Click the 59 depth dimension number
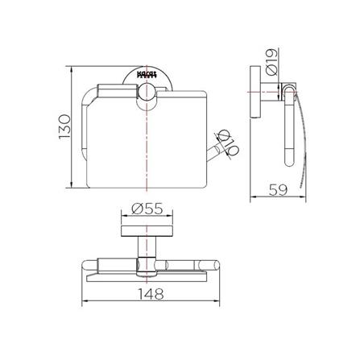pos(279,192)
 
